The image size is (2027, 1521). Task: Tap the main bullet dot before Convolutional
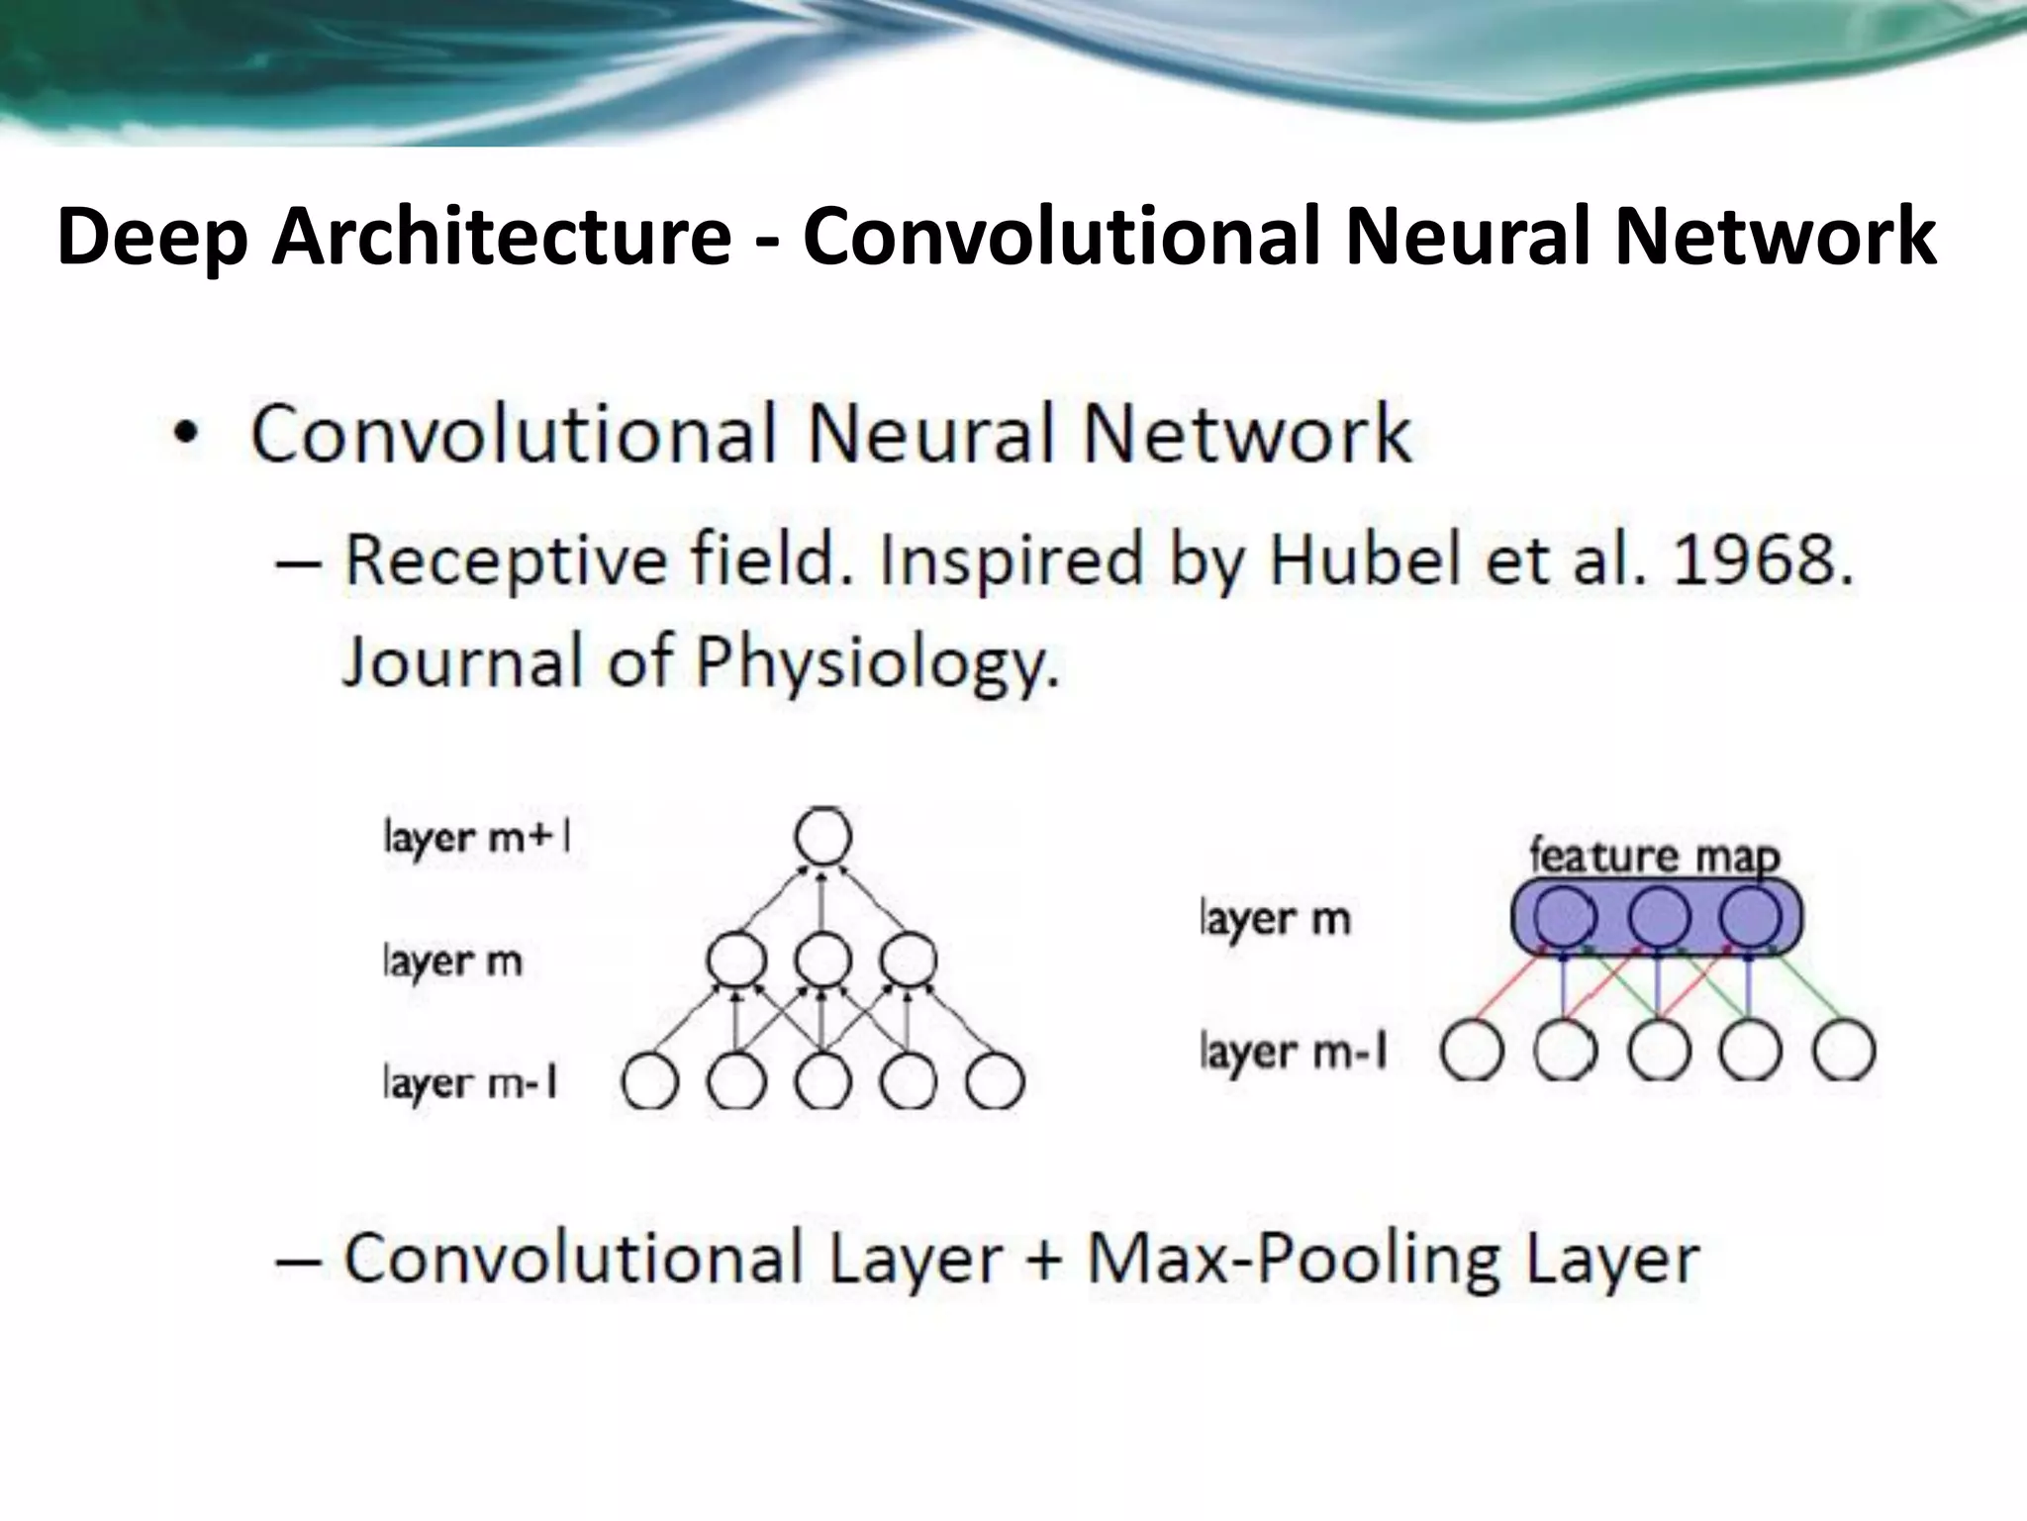pyautogui.click(x=186, y=436)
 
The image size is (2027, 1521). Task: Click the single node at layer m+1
pyautogui.click(x=822, y=837)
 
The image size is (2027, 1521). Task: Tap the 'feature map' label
pyautogui.click(x=1654, y=857)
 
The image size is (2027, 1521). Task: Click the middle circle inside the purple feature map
pyautogui.click(x=1659, y=917)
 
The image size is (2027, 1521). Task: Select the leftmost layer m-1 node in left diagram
pyautogui.click(x=650, y=1081)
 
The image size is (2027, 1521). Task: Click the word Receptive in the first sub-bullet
pyautogui.click(x=505, y=561)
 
